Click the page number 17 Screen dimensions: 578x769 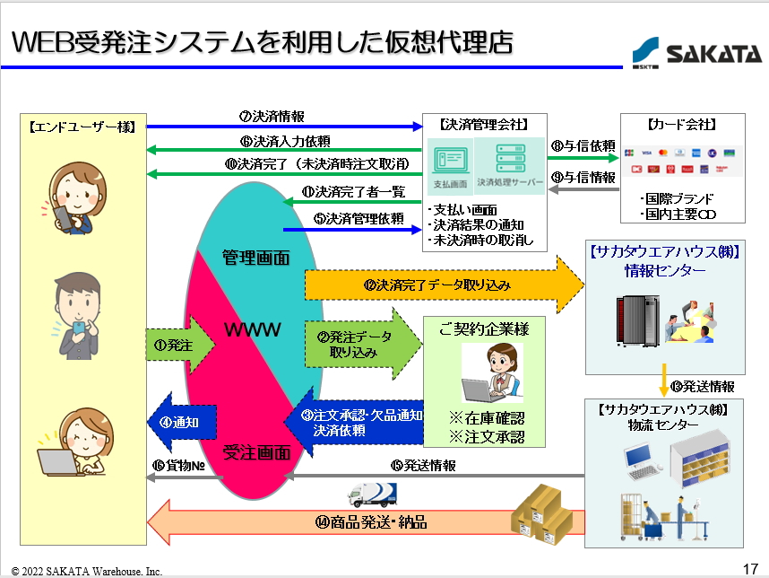[x=750, y=568]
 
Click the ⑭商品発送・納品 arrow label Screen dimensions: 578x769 [x=370, y=521]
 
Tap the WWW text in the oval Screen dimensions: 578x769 [x=254, y=329]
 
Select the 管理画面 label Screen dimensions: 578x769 [x=255, y=258]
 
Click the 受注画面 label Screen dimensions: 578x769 [x=255, y=452]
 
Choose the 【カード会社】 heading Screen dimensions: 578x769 [x=681, y=124]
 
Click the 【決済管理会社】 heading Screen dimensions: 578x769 [x=483, y=124]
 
